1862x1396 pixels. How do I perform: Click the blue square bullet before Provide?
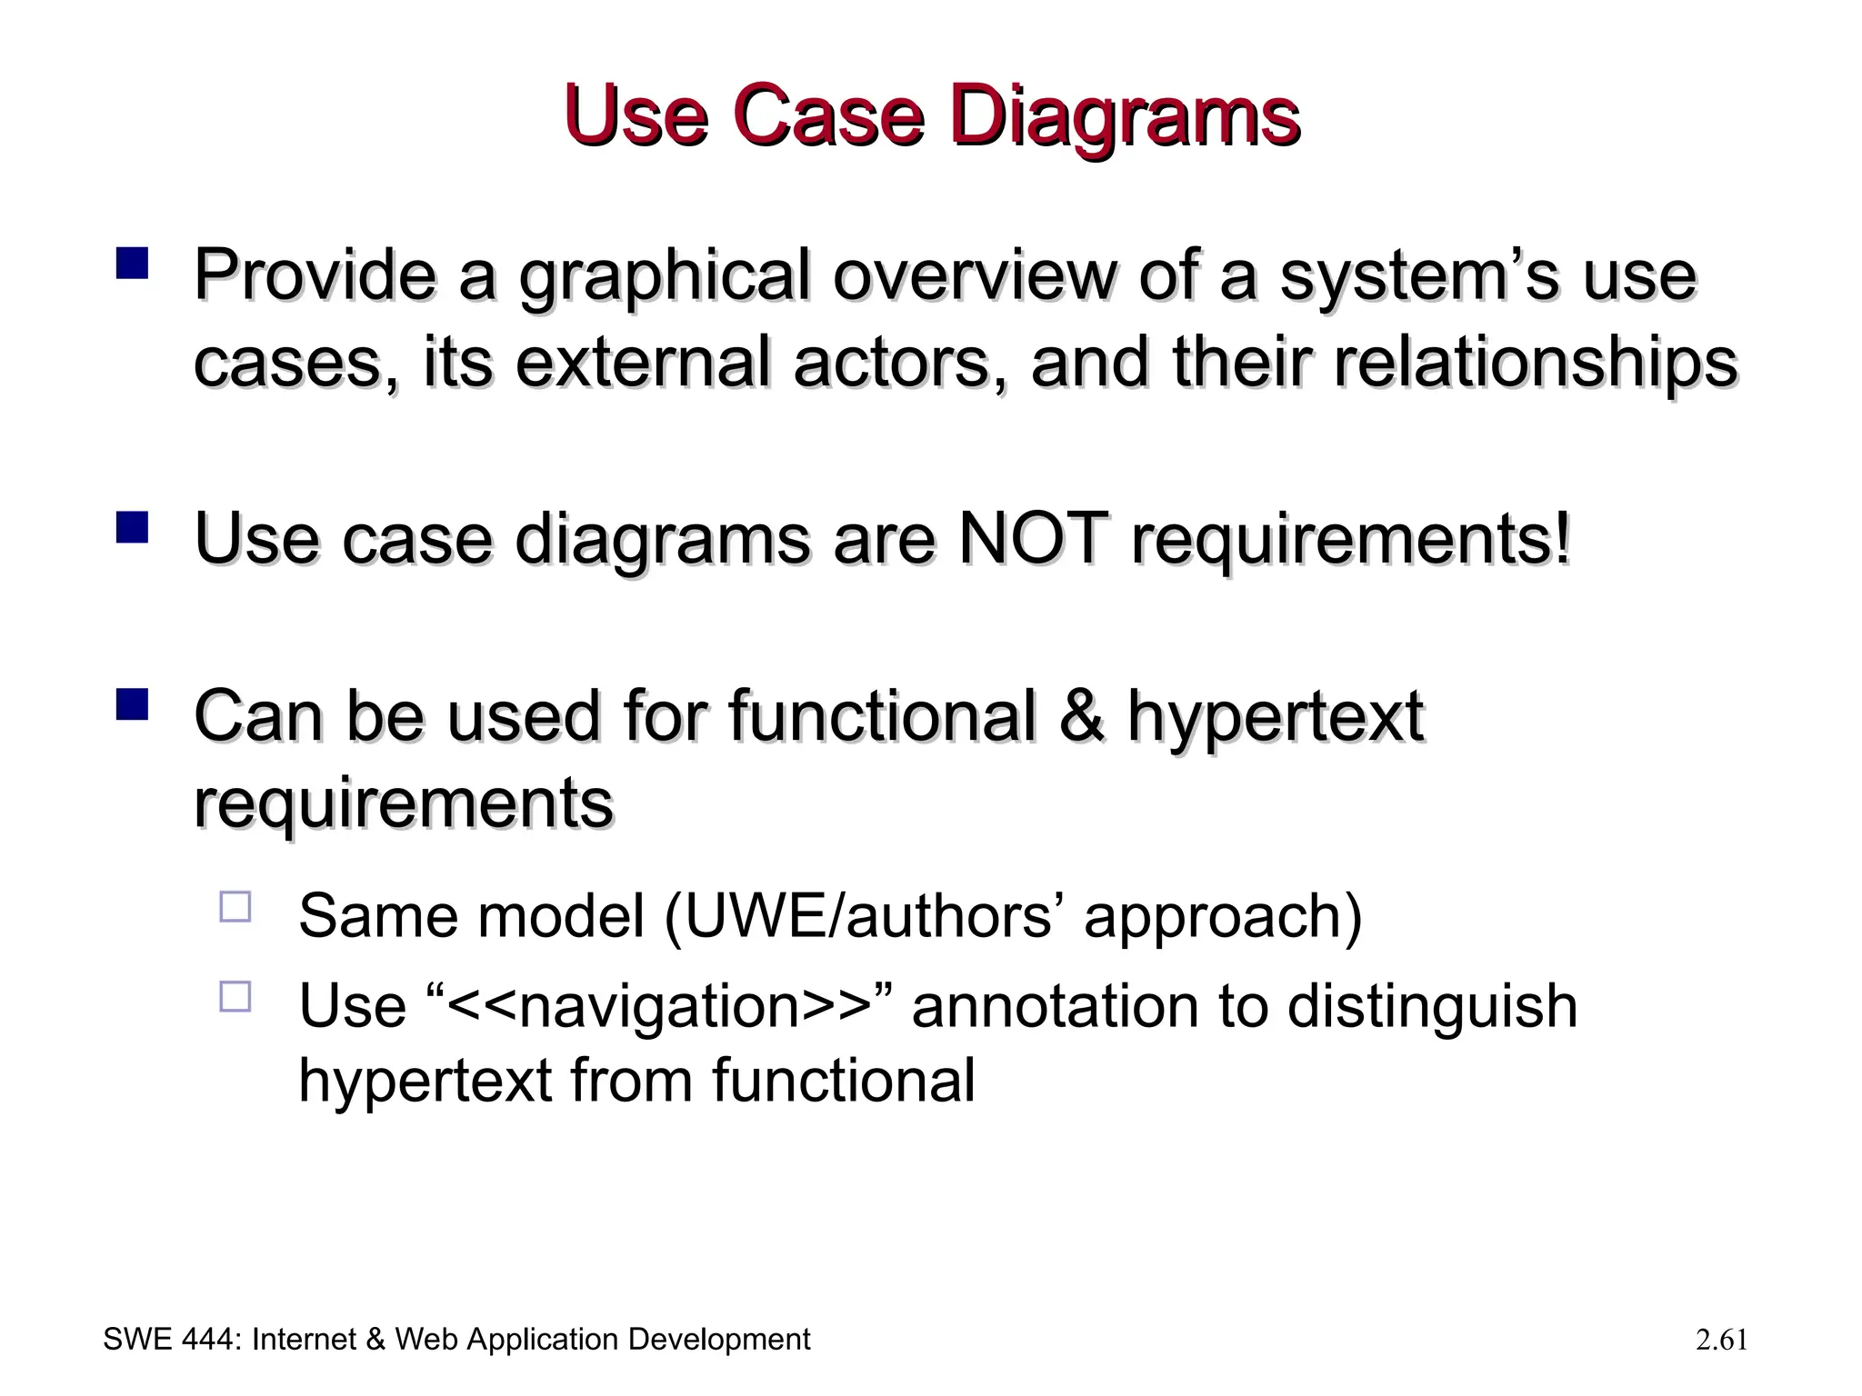pyautogui.click(x=132, y=264)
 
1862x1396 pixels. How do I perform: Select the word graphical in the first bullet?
pyautogui.click(x=664, y=277)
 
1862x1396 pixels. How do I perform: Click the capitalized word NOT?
pyautogui.click(x=1034, y=540)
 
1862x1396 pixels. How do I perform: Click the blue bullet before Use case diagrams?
pyautogui.click(x=132, y=528)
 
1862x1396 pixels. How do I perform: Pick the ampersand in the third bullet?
pyautogui.click(x=1082, y=716)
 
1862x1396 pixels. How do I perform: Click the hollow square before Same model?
pyautogui.click(x=235, y=907)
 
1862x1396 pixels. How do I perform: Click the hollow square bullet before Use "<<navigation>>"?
pyautogui.click(x=235, y=997)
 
